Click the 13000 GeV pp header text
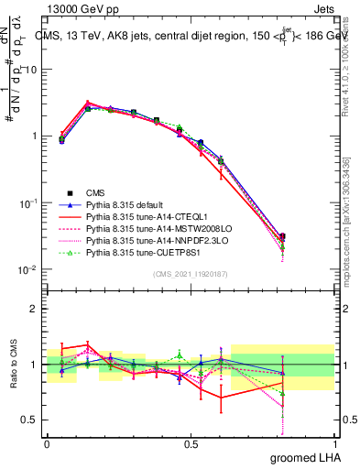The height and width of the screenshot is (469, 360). click(x=79, y=8)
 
